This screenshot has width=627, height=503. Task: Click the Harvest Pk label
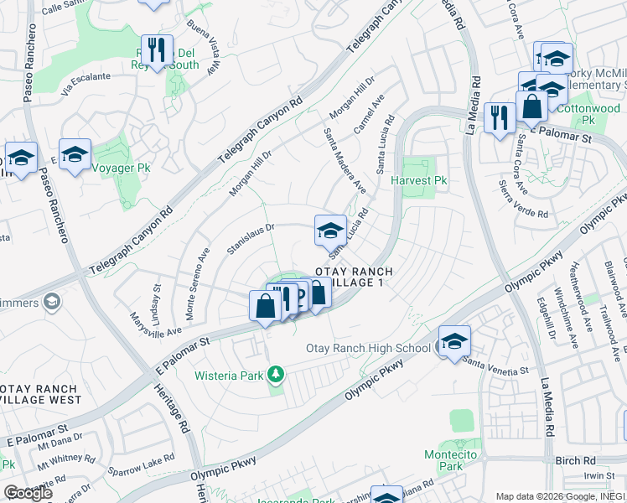424,180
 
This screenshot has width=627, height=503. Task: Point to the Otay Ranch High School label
368,348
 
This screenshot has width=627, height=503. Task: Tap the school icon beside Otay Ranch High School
454,341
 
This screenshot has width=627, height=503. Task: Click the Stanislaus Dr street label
251,239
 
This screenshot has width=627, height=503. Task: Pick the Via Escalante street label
84,76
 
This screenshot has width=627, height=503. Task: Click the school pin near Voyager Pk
75,153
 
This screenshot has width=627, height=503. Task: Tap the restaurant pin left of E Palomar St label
500,117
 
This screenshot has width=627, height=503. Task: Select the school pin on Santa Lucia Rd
330,229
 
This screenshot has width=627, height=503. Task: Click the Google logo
27,493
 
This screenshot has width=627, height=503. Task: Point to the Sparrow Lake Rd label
148,461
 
